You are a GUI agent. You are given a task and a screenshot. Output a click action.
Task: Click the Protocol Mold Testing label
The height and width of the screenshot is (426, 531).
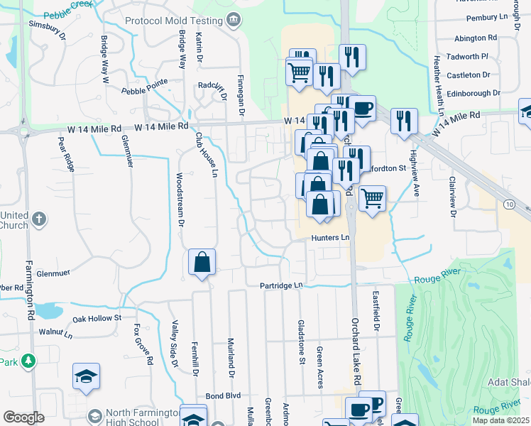coord(173,21)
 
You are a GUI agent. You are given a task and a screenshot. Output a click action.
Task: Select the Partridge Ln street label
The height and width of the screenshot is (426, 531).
coord(280,285)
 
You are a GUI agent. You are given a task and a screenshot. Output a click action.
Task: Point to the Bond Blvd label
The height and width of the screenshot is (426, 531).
coord(224,395)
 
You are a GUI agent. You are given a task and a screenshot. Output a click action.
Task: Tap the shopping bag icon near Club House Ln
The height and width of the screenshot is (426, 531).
coord(202,262)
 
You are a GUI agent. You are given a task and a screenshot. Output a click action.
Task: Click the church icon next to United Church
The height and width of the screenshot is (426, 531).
coord(39,219)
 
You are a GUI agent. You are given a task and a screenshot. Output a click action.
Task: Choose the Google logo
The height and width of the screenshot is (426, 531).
coord(23,417)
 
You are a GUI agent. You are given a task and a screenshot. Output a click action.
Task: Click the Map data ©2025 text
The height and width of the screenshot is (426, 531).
coord(500,420)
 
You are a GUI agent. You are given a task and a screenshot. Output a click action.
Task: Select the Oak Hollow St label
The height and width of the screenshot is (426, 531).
coord(97,318)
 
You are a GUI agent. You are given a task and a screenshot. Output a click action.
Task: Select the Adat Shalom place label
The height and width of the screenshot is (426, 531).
coord(509,382)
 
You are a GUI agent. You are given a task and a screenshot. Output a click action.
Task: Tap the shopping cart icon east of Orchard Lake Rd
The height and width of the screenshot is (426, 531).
coord(372,198)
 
